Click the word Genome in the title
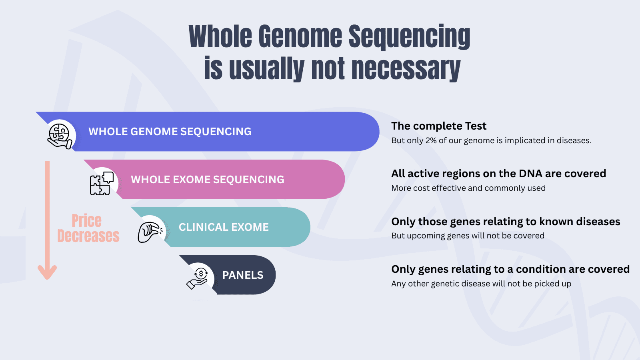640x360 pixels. [300, 37]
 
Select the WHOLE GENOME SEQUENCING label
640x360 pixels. [170, 132]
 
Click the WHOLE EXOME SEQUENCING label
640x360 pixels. [208, 180]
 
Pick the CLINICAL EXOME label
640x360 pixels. [224, 227]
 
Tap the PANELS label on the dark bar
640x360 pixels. [243, 275]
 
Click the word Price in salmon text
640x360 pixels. [86, 221]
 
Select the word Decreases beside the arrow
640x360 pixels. [88, 236]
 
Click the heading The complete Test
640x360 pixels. [439, 126]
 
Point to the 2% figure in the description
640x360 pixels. [431, 140]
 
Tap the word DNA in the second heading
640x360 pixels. [530, 174]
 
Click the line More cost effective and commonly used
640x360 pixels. [468, 188]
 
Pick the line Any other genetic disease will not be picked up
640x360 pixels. [481, 284]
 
